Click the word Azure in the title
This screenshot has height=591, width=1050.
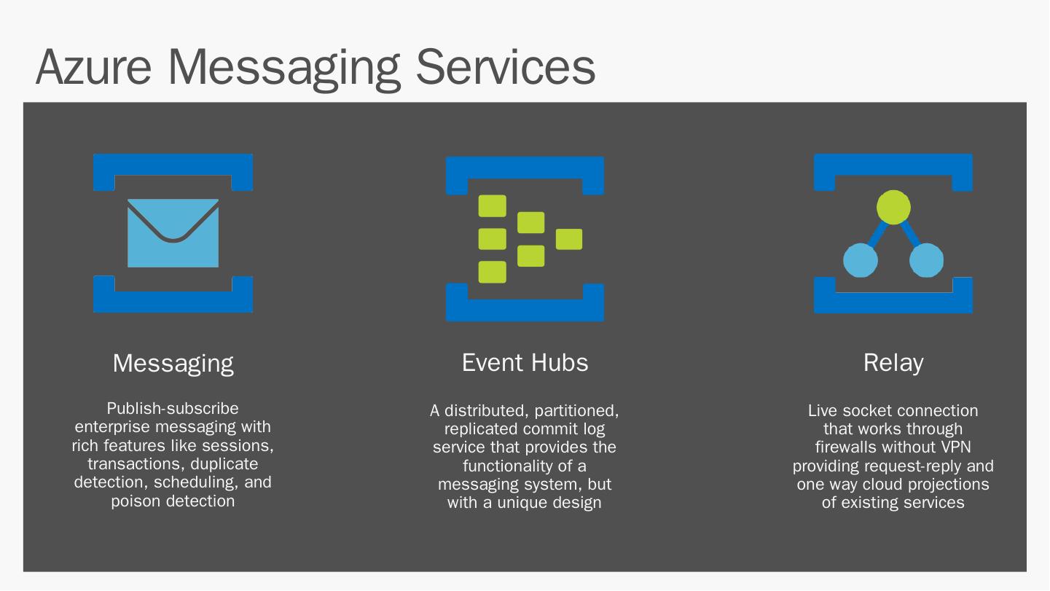93,66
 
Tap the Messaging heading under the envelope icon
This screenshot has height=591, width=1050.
173,363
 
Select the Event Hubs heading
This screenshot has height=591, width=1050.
525,363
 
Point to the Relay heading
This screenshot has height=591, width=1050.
893,363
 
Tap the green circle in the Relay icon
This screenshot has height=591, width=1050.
893,208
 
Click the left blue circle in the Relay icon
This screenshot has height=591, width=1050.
860,260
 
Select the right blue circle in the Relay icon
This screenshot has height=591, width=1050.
926,260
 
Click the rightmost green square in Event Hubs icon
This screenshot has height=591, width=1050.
568,239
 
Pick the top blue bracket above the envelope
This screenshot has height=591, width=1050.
173,164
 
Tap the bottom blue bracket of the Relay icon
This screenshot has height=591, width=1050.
893,303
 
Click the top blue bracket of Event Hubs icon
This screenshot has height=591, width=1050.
525,167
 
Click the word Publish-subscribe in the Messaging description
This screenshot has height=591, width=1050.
173,408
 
